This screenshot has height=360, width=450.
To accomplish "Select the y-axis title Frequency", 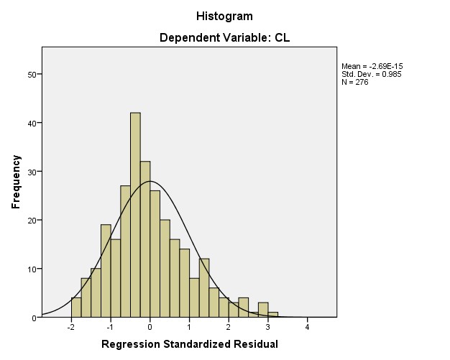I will [15, 182].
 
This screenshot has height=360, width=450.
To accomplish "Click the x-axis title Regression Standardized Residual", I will [189, 343].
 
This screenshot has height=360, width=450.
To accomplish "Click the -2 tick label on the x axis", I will [70, 327].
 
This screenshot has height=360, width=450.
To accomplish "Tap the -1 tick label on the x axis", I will [110, 327].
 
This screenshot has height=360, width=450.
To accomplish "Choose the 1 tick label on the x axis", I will [190, 327].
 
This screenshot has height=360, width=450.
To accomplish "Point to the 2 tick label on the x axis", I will [229, 327].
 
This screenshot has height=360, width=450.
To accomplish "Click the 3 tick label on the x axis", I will [268, 327].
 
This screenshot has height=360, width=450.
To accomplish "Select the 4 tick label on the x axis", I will [308, 327].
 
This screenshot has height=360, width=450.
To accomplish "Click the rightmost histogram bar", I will [273, 315].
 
